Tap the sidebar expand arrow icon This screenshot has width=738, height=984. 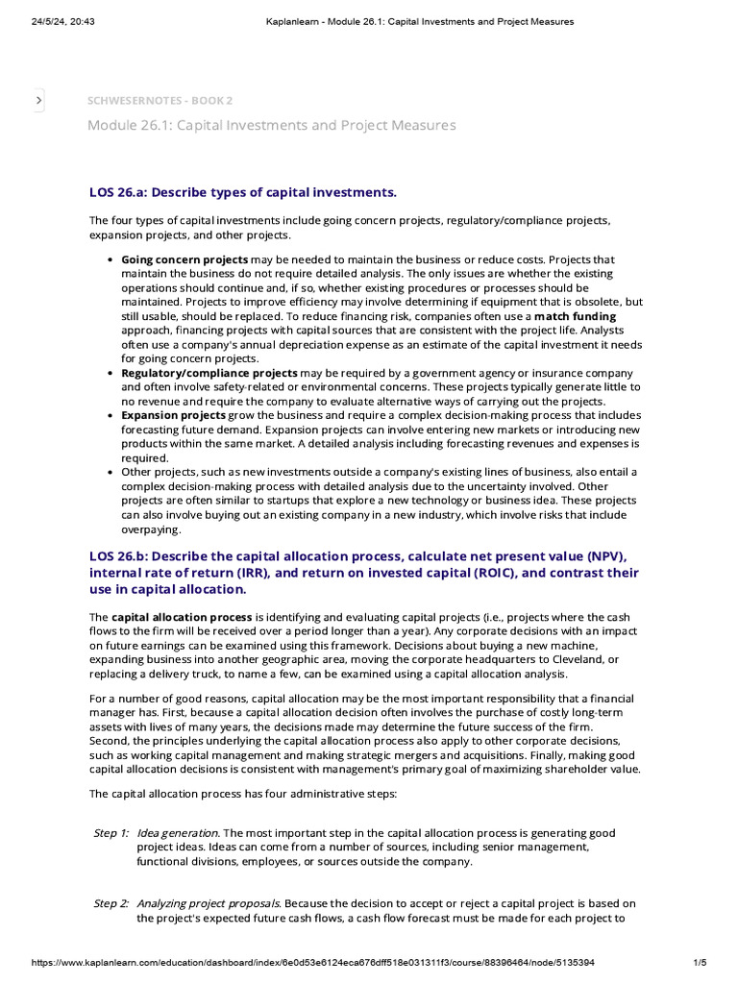click(38, 100)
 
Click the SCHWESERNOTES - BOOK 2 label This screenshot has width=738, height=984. click(160, 100)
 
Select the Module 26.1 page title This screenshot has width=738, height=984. click(271, 126)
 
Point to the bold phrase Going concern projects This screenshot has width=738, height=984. click(184, 260)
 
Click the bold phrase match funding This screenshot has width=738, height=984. click(575, 316)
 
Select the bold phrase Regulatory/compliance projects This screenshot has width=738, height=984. click(209, 373)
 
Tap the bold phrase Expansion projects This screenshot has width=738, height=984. click(173, 415)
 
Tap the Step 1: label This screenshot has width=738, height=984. click(111, 833)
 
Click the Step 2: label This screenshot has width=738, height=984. click(111, 904)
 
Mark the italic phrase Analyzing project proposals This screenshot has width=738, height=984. click(209, 904)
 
